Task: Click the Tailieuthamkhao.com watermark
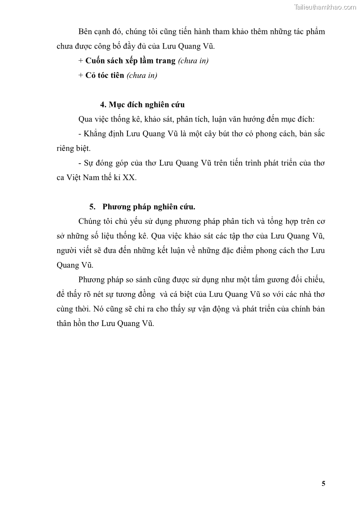click(325, 7)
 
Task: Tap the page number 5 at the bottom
click(323, 483)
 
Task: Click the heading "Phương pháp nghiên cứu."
click(149, 207)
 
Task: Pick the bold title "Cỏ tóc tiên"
click(104, 75)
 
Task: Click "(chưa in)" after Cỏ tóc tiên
click(141, 75)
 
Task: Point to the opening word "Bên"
click(86, 32)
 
